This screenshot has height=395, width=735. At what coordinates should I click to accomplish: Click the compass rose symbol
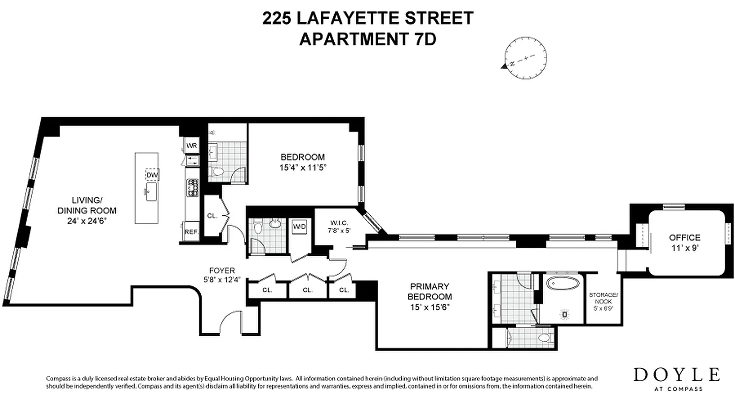pos(525,59)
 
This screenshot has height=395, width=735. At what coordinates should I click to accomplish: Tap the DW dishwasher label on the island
pos(152,175)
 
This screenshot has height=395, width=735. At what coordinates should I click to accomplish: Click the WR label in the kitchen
pos(191,146)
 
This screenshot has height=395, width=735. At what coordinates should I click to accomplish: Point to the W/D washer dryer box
pos(299,227)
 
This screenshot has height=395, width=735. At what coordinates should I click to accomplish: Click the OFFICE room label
pos(684,237)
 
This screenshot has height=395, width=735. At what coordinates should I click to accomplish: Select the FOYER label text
pos(222,271)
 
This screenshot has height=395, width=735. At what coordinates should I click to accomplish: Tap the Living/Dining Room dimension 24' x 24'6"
pos(87,222)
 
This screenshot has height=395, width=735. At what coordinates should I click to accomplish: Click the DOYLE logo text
pos(676,375)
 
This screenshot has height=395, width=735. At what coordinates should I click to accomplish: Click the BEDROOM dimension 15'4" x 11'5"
pos(304,167)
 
